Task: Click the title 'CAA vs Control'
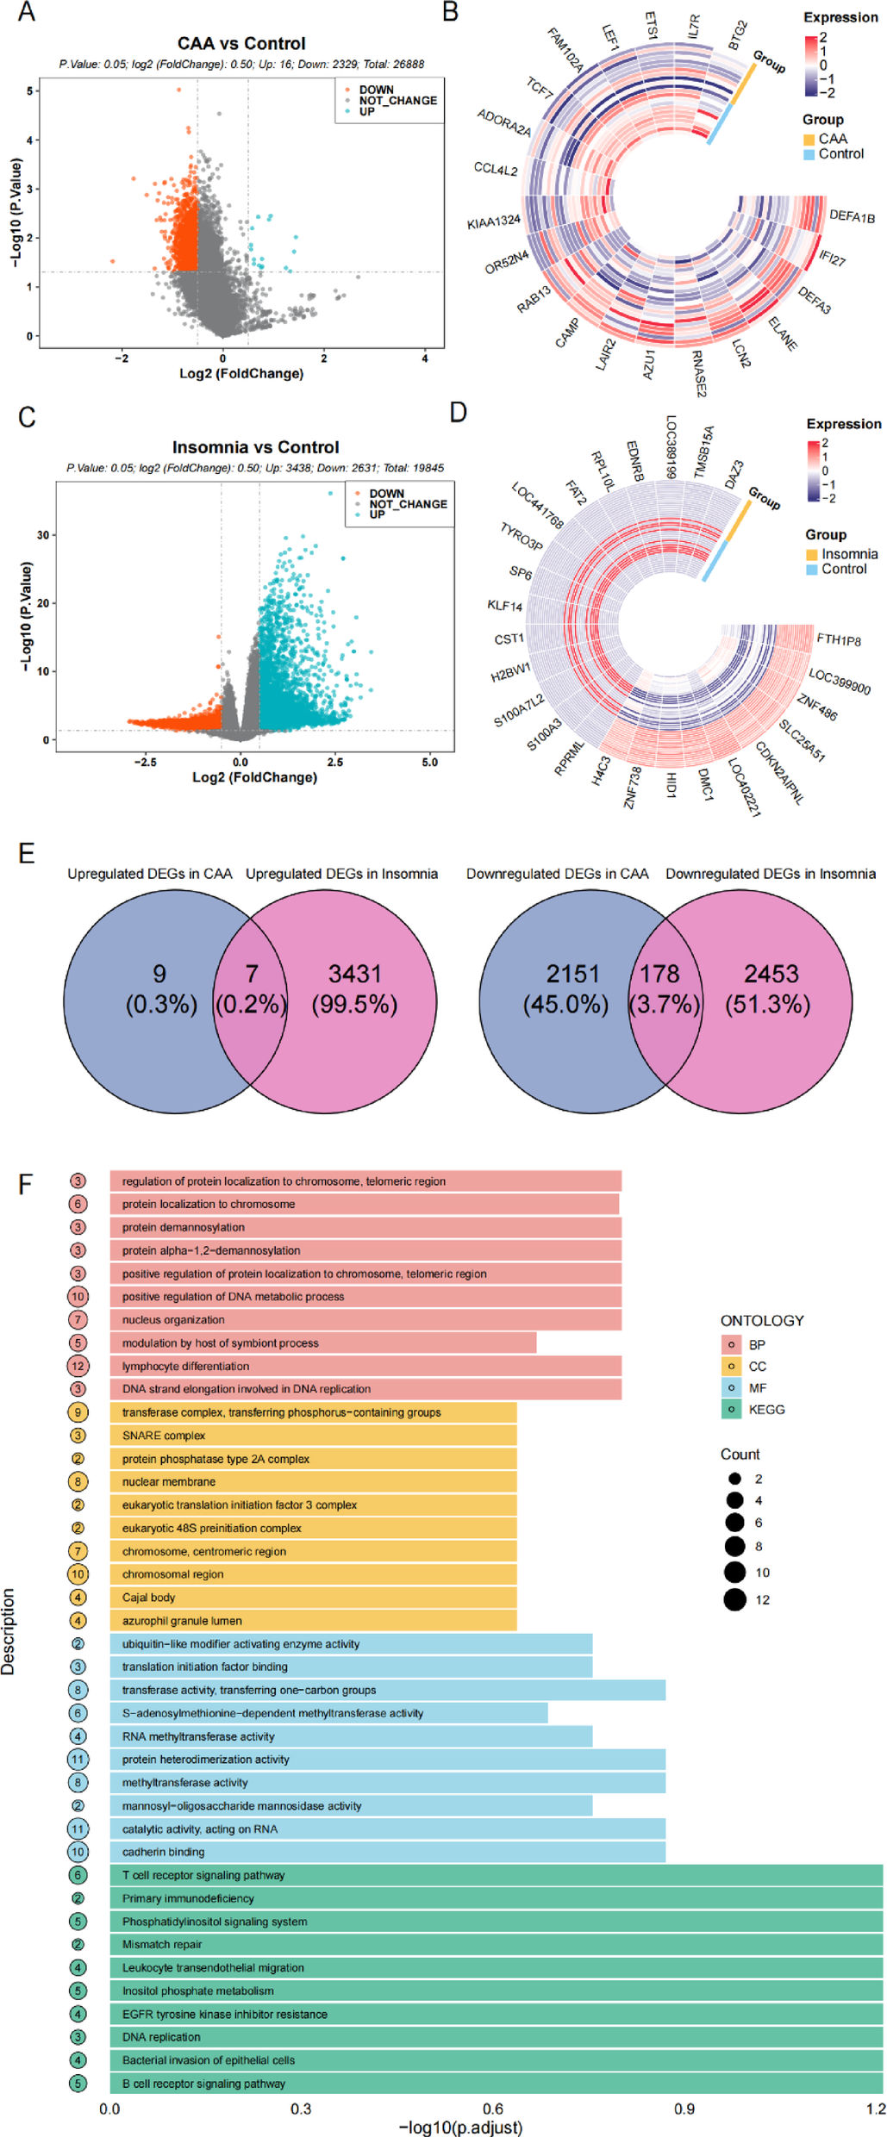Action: [x=241, y=43]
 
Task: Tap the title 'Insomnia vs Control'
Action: [x=255, y=447]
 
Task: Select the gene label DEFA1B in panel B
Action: [x=852, y=216]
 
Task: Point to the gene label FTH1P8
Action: [x=838, y=639]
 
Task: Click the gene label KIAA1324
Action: [x=494, y=221]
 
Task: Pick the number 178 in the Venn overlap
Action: [x=659, y=974]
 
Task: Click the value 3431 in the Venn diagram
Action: [x=354, y=974]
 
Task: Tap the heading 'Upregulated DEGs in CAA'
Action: [x=150, y=874]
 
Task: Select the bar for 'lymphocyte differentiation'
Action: [x=365, y=1366]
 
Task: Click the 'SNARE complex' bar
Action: [x=313, y=1436]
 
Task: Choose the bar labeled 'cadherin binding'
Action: [x=387, y=1852]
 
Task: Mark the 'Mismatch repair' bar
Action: [x=496, y=1945]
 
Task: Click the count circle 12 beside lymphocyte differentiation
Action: [x=78, y=1366]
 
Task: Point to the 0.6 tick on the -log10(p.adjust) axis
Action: [x=493, y=2109]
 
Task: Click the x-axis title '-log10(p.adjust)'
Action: [x=460, y=2127]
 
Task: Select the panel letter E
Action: [x=27, y=854]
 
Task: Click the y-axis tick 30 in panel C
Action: [x=43, y=535]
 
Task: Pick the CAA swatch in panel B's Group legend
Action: [x=809, y=140]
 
